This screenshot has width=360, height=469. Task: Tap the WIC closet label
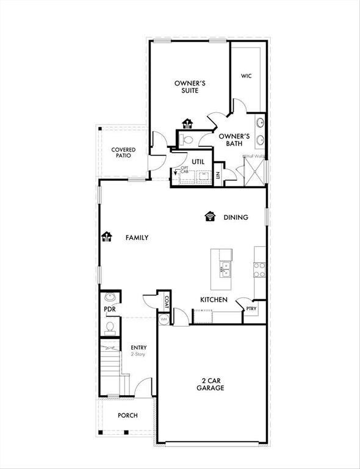[x=246, y=76]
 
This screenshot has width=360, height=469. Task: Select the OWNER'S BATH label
[x=234, y=140]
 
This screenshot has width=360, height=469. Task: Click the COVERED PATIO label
[x=123, y=153]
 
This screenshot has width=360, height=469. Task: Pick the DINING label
[x=236, y=217]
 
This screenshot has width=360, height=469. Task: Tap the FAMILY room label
[x=137, y=238]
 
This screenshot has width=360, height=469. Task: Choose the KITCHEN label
[x=214, y=300]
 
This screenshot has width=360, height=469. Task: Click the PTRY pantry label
[x=251, y=310]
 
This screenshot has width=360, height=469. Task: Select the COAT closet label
[x=166, y=302]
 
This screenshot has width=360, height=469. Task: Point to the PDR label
[x=110, y=310]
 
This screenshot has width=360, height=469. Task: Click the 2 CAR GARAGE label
[x=211, y=384]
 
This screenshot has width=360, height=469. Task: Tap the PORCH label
[x=128, y=415]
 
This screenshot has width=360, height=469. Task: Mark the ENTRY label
[x=139, y=347]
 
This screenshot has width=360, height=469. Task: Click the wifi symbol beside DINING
[x=211, y=216]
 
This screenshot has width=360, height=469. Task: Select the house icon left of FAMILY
[x=107, y=237]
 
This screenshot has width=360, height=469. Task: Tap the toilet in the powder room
[x=110, y=329]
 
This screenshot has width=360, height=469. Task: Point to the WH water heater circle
[x=164, y=319]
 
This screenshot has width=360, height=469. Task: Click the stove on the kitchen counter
[x=260, y=267]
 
